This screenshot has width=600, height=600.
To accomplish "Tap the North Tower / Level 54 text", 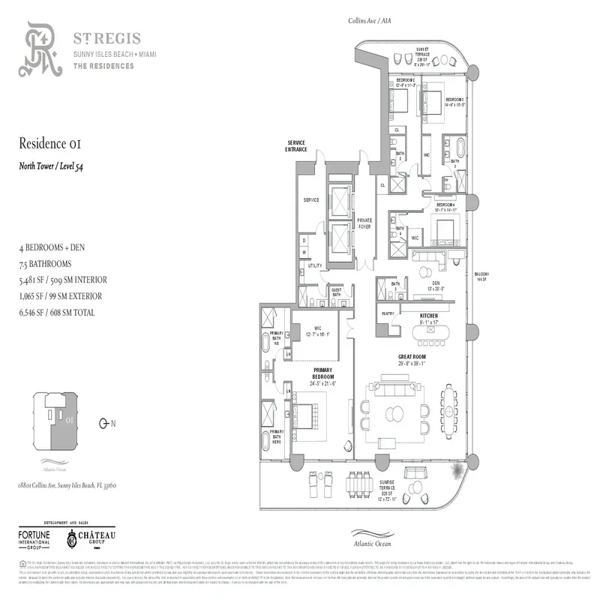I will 50,166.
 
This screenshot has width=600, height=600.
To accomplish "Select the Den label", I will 425,283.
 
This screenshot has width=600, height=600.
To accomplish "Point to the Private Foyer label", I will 364,223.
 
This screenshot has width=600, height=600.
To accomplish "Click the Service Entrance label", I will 295,145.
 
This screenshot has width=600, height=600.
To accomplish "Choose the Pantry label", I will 388,313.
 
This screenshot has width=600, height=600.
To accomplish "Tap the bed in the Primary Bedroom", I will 307,415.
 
